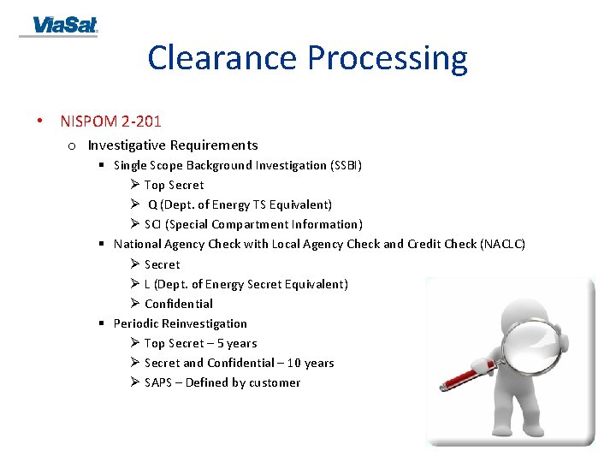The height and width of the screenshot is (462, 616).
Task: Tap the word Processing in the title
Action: click(388, 58)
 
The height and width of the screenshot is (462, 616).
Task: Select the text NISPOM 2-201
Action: click(110, 121)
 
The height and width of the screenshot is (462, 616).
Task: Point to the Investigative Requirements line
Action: click(172, 145)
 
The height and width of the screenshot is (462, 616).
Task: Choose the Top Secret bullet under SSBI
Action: click(174, 185)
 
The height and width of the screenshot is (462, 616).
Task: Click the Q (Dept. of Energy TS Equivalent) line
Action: click(240, 204)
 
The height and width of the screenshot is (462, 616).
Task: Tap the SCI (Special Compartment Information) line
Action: click(253, 224)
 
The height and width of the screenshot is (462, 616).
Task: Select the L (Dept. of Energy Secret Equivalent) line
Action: click(246, 284)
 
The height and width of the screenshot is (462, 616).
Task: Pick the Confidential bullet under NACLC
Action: click(178, 304)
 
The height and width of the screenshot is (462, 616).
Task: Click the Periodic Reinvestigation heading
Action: click(180, 323)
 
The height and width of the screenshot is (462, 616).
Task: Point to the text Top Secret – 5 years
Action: click(200, 343)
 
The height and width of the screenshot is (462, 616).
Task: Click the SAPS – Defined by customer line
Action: click(222, 382)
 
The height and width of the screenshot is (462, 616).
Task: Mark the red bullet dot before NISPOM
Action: click(40, 121)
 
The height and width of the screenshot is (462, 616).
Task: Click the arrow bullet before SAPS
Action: click(135, 382)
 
